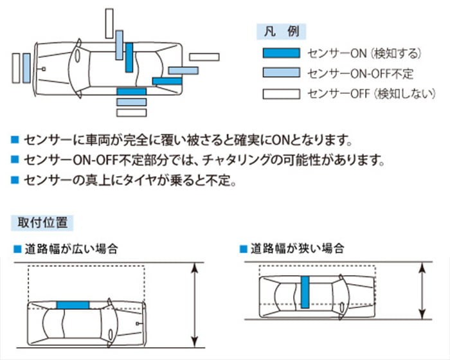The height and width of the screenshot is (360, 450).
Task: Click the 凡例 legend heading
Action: pyautogui.click(x=282, y=30)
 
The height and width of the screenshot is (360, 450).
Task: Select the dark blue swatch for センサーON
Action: pyautogui.click(x=281, y=53)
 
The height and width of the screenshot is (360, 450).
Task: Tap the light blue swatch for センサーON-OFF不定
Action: pyautogui.click(x=281, y=73)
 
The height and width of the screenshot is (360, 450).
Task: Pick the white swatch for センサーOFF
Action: pyautogui.click(x=281, y=94)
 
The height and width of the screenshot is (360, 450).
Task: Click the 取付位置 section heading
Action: pyautogui.click(x=42, y=222)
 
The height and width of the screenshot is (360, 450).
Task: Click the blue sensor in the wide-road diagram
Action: pyautogui.click(x=73, y=305)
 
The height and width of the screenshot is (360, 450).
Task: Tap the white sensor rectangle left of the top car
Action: pyautogui.click(x=16, y=67)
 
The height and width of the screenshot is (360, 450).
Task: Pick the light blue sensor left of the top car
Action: pyautogui.click(x=26, y=67)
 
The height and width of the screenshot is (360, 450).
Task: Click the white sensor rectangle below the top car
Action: pyautogui.click(x=131, y=112)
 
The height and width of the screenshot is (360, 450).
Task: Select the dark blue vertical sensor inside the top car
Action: pyautogui.click(x=130, y=57)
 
